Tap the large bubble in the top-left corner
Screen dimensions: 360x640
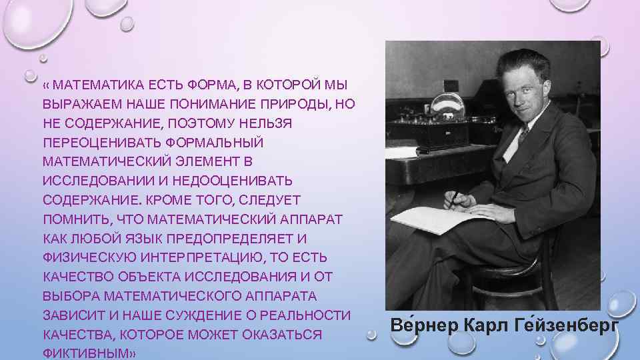click(30, 20)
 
